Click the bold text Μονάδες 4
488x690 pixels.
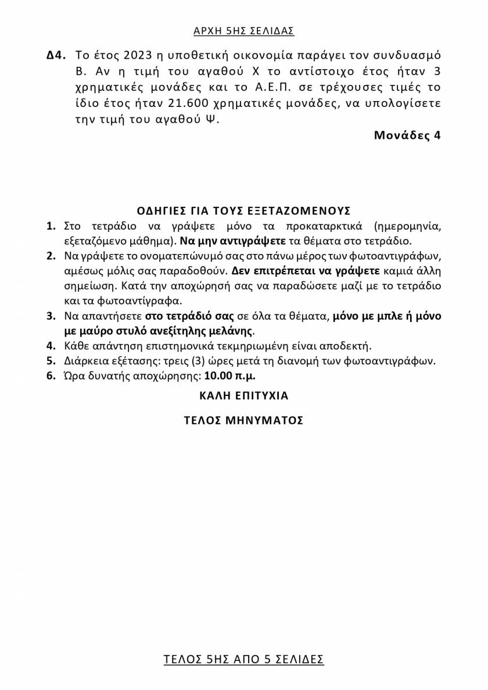[x=407, y=136]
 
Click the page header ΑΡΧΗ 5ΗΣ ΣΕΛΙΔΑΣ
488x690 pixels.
[x=244, y=31]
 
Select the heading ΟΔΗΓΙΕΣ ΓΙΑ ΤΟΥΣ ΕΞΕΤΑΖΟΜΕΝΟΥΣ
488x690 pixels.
[x=244, y=210]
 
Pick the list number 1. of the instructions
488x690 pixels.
[x=52, y=226]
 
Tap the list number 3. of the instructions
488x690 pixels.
[x=52, y=316]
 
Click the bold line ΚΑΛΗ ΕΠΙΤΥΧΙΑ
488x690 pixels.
[x=244, y=396]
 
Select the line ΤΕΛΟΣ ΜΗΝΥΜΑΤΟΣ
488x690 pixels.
[x=244, y=421]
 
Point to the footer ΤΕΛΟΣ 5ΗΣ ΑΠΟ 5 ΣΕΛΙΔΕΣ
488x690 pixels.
[x=244, y=659]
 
